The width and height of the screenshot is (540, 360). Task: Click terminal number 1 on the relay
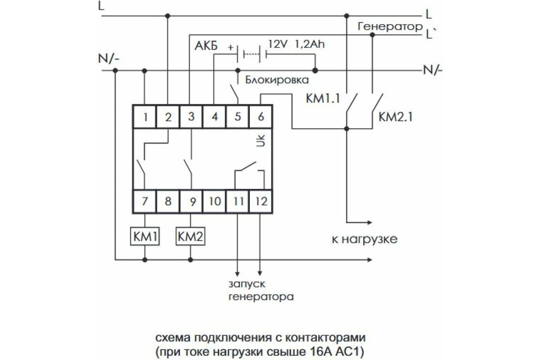[x=145, y=117]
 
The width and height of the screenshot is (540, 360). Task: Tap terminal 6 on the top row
[x=261, y=117]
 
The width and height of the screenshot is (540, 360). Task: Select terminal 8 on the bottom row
[x=168, y=201]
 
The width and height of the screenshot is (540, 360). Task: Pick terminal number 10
[x=214, y=201]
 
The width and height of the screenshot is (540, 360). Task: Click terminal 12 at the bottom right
[x=261, y=201]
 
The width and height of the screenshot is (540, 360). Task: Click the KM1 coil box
[x=145, y=236]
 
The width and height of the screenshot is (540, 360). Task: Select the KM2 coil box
[x=191, y=236]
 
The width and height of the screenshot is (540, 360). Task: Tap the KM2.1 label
[x=395, y=117]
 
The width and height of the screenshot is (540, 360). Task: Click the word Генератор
[x=390, y=27]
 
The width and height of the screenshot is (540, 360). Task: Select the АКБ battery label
[x=206, y=46]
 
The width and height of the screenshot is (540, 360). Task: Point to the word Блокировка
[x=277, y=81]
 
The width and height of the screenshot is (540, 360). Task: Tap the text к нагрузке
[x=364, y=238]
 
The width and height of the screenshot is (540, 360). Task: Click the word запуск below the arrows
[x=247, y=284]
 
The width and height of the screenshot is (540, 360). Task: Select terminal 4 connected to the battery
[x=214, y=117]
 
